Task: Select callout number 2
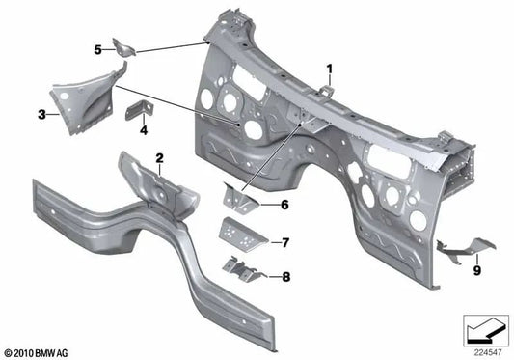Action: click(x=160, y=157)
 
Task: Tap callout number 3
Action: click(x=41, y=115)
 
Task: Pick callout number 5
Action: click(x=97, y=48)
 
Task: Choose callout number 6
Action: click(x=284, y=205)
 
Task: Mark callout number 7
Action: click(x=284, y=241)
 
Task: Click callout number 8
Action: click(x=284, y=277)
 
